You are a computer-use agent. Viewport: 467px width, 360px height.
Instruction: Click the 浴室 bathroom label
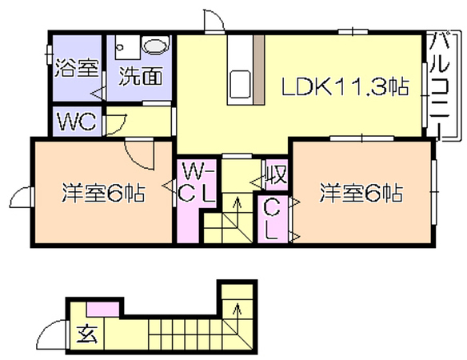tap(77, 68)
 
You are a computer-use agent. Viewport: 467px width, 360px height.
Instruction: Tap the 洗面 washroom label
tap(141, 76)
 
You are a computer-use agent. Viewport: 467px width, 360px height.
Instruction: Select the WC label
tap(77, 122)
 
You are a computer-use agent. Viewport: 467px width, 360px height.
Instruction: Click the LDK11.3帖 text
tap(345, 86)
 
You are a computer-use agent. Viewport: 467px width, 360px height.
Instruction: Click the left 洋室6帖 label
tap(103, 193)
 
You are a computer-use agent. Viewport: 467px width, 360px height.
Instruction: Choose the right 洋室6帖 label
tap(361, 193)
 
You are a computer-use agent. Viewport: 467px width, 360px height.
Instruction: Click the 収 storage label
tap(277, 174)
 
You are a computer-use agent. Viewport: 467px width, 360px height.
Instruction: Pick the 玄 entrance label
tap(87, 334)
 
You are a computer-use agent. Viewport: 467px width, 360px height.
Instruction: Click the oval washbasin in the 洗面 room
tap(155, 45)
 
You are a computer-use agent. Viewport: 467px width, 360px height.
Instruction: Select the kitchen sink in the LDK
tap(239, 83)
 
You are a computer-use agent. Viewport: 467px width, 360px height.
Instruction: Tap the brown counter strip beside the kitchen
tap(259, 70)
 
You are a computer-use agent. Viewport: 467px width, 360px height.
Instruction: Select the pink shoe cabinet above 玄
tap(102, 309)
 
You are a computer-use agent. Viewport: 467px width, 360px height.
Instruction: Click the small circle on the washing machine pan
tap(121, 47)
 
